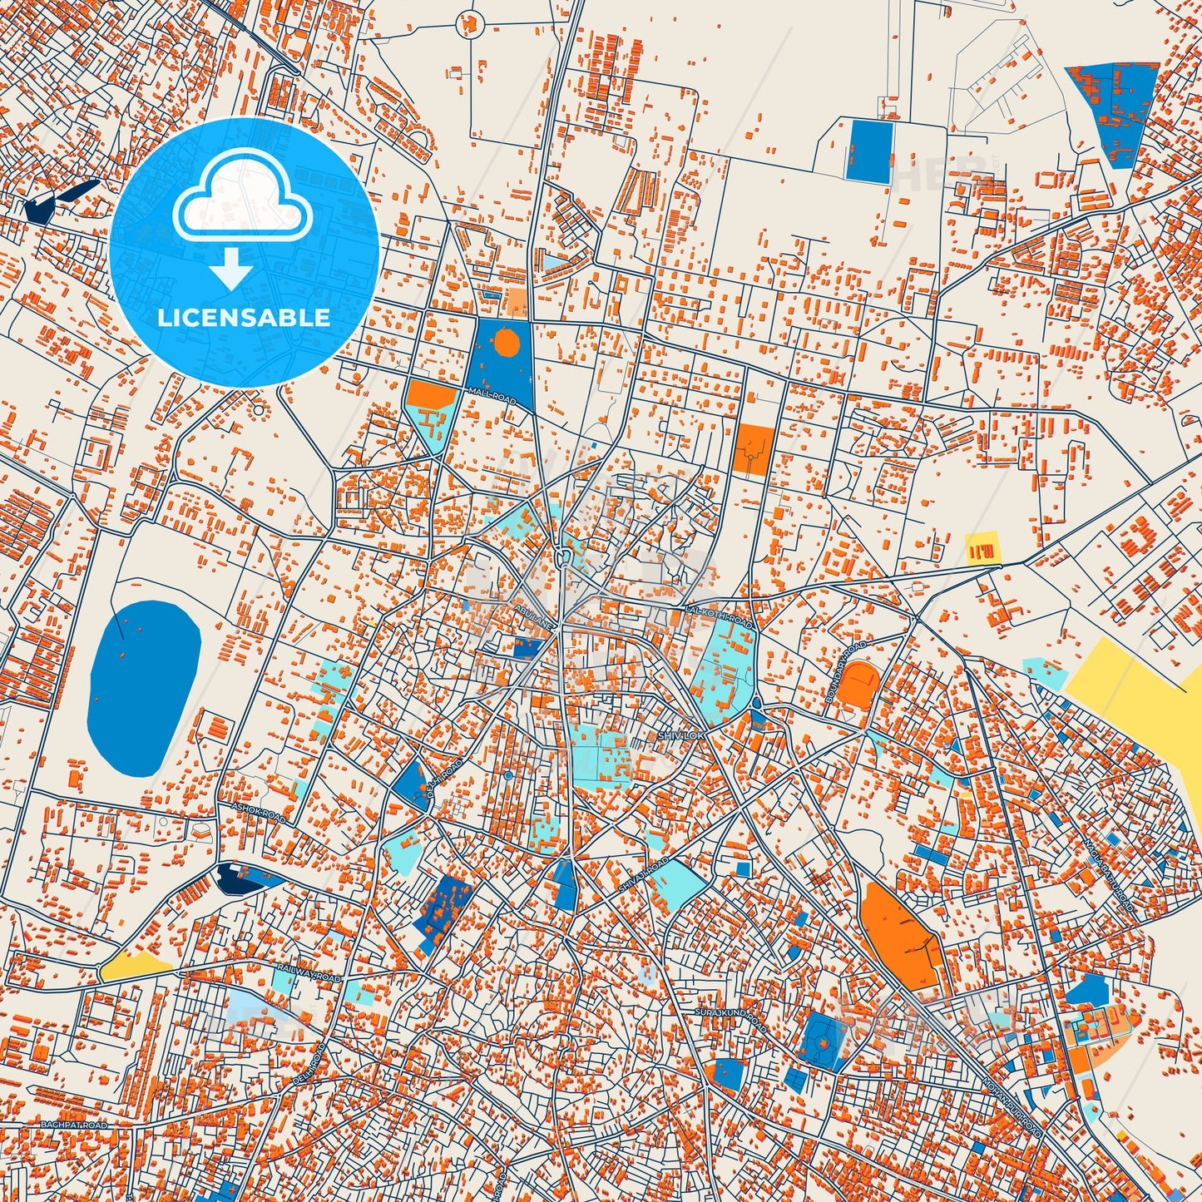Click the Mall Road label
492,396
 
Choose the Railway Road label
309,974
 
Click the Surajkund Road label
730,1020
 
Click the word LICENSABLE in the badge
244,318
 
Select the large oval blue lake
143,685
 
